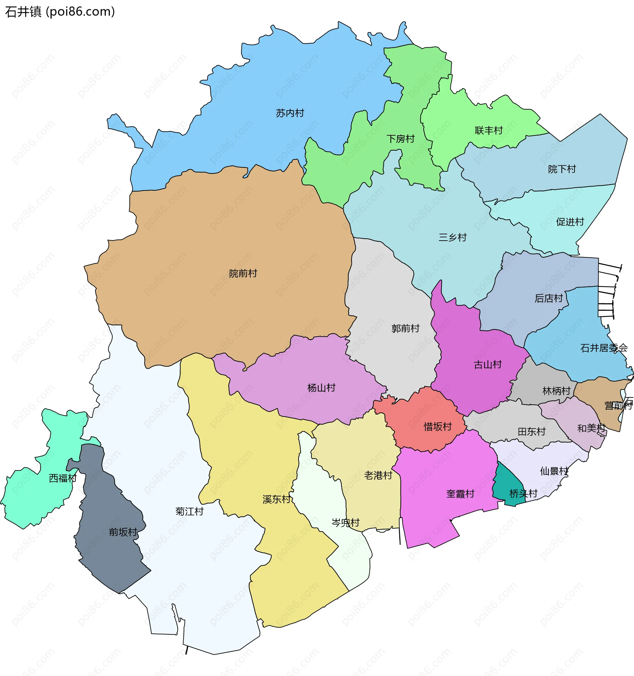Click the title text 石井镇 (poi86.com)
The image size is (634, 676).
60,12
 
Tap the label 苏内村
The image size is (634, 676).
290,113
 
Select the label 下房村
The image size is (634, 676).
400,139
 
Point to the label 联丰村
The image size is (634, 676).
488,130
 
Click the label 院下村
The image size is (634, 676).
562,169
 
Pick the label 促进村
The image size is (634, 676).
570,222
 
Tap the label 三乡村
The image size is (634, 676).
452,237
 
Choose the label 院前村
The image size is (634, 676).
243,273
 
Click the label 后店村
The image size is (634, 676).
548,298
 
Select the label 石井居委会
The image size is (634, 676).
603,348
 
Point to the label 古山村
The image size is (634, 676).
487,365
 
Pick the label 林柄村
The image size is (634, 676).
556,391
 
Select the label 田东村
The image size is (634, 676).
531,431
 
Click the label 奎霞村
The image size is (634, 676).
460,494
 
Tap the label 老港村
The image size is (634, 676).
378,475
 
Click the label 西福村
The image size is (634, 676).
63,478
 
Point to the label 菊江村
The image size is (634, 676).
189,511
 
